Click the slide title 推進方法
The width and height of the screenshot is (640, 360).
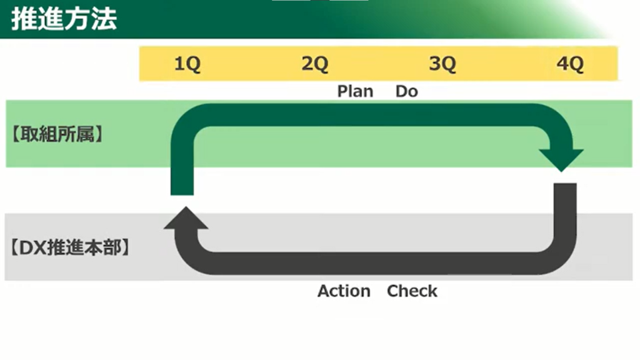[64, 19]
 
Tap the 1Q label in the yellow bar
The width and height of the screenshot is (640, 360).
[187, 64]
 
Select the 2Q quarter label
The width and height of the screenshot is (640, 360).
[314, 64]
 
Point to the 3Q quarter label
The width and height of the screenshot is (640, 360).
[442, 64]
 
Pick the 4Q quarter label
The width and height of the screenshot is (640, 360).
[569, 64]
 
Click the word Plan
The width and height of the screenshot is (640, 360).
[355, 91]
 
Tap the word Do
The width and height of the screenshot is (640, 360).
[406, 91]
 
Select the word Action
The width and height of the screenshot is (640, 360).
[344, 291]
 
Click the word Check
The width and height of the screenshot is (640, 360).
[412, 291]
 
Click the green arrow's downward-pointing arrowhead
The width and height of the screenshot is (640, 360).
[562, 159]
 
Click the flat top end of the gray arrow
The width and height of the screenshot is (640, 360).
[565, 187]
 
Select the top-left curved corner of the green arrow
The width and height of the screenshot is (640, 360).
[187, 119]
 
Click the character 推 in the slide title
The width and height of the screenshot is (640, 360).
[24, 19]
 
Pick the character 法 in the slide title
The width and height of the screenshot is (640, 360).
[104, 19]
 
